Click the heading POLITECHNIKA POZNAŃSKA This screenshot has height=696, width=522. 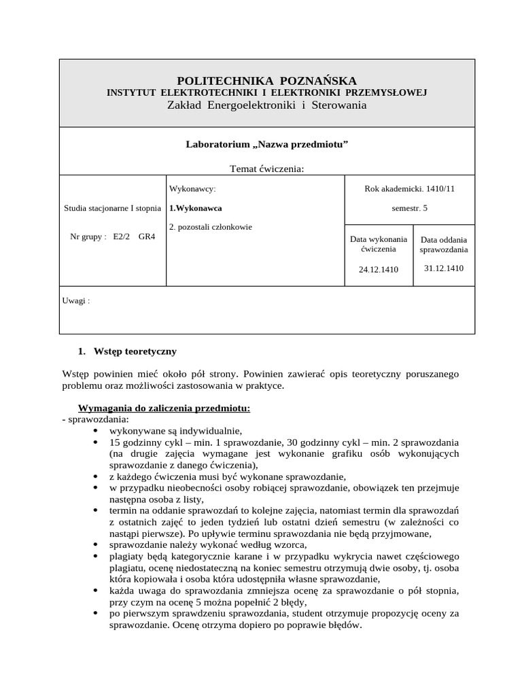tap(266, 81)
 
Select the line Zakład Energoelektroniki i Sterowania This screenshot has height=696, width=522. tap(266, 105)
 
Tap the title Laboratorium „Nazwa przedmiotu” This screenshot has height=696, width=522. tap(266, 144)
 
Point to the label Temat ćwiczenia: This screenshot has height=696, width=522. tap(266, 169)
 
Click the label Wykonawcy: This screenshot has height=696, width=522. tap(192, 188)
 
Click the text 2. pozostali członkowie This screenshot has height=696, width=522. tap(205, 226)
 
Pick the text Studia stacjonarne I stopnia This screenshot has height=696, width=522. tap(112, 207)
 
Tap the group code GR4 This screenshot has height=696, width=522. tap(147, 237)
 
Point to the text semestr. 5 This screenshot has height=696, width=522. tap(410, 207)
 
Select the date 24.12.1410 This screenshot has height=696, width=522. tap(379, 269)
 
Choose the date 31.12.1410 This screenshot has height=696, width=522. tap(444, 268)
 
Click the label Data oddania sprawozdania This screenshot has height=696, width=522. tap(444, 245)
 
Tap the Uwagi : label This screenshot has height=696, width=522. tap(76, 300)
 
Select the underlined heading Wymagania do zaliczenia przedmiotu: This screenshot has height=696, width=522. tap(164, 408)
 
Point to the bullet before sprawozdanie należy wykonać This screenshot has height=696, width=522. tap(94, 545)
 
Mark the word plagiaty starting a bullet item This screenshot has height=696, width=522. tap(125, 556)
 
